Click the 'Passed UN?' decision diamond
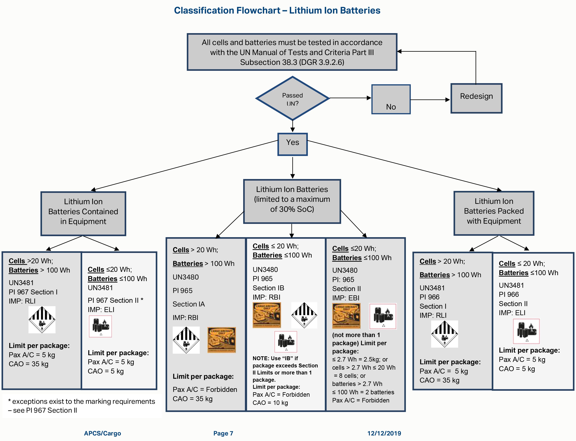tap(292, 98)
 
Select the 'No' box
tap(391, 99)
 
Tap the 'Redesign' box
tap(476, 98)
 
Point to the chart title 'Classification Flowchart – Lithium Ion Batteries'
tap(277, 11)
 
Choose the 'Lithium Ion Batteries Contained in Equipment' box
tap(83, 213)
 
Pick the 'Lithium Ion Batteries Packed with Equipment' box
tap(494, 213)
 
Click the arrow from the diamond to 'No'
tap(350, 98)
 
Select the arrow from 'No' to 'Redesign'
tap(430, 100)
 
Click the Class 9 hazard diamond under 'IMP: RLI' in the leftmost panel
tap(42, 319)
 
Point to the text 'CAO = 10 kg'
tap(270, 403)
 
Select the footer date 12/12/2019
tap(384, 433)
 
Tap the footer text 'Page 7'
tap(223, 433)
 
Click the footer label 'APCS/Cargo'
tap(102, 433)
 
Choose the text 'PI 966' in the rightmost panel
tap(509, 294)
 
